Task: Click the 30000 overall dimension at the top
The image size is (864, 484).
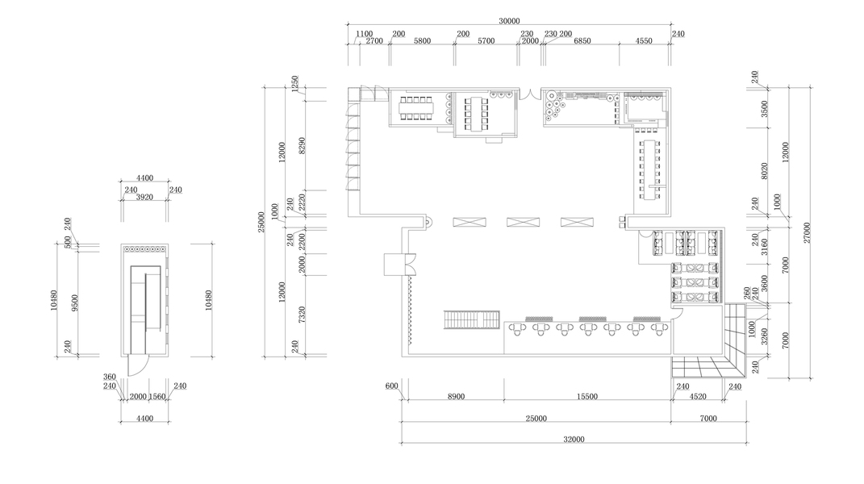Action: point(509,21)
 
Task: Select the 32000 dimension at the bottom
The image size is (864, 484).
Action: point(574,440)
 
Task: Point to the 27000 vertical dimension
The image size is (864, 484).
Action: point(807,232)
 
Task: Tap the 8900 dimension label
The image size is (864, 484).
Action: point(456,396)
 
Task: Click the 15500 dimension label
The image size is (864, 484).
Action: point(586,396)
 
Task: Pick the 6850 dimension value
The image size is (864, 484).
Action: point(582,41)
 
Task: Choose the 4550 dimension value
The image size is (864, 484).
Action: point(644,41)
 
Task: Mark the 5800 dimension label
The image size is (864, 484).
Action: point(422,41)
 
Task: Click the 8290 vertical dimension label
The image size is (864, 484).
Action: point(302,145)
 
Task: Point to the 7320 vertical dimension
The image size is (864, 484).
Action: point(302,315)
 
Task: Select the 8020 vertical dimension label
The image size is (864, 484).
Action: point(764,172)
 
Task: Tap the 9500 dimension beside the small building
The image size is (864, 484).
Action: point(75,302)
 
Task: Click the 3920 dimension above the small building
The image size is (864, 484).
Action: point(144,197)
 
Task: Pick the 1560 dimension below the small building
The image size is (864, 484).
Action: point(157,396)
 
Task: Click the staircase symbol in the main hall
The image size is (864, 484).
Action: point(472,320)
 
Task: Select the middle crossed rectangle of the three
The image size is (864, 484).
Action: point(523,222)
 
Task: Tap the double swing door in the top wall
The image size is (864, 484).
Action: point(530,94)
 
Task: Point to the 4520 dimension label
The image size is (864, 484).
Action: point(698,396)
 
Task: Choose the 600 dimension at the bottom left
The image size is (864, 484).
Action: point(391,386)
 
